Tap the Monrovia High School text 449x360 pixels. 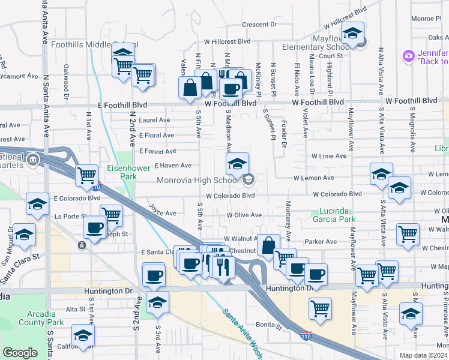198,180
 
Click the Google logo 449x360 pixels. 20,353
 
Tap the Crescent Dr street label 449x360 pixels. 259,25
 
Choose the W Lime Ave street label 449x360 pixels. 328,156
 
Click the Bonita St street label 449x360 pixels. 271,328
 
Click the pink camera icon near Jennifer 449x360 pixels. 409,56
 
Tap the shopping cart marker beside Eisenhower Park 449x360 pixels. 87,175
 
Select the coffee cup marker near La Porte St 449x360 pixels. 94,227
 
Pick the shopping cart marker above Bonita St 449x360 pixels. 320,308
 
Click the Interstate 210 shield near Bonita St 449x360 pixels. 306,334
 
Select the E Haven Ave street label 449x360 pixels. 173,166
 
